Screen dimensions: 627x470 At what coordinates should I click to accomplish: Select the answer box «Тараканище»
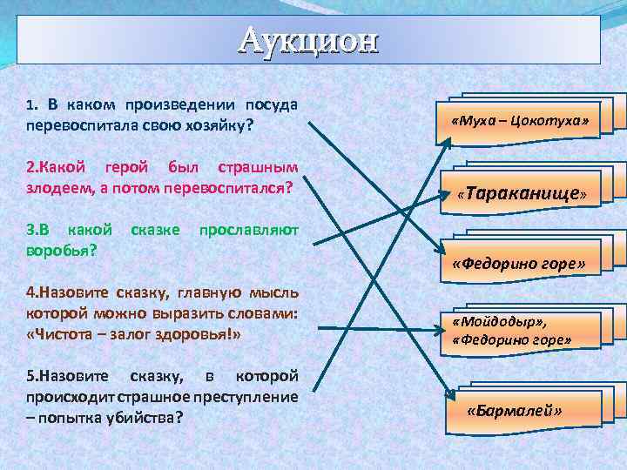[x=521, y=191]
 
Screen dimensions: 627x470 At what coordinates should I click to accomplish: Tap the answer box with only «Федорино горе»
[x=517, y=262]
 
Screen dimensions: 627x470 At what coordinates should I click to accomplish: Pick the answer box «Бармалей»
[x=514, y=410]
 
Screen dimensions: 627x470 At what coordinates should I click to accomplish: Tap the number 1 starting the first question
[x=30, y=105]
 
